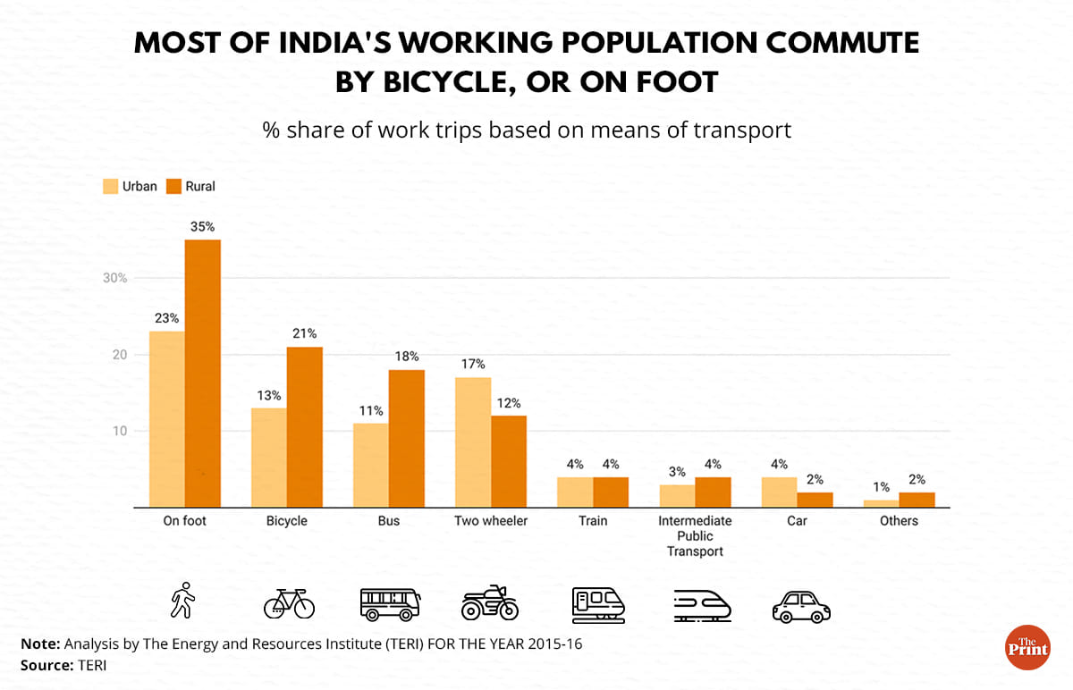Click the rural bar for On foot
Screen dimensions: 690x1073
coord(203,374)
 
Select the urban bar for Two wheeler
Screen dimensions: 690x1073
coord(473,442)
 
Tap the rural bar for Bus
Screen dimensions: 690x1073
coord(407,439)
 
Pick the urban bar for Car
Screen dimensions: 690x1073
coord(779,492)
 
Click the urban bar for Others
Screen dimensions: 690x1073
coord(881,504)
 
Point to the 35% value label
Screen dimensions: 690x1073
coord(202,227)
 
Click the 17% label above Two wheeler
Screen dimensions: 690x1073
coord(474,364)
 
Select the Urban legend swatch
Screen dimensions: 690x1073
coord(110,187)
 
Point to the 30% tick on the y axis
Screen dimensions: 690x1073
coord(114,278)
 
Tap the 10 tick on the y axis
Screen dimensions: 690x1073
coord(120,431)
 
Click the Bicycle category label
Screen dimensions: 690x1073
coord(286,521)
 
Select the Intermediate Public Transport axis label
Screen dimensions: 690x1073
coord(695,535)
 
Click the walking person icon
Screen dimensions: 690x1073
coord(183,601)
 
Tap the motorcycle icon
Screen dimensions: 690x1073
coord(489,602)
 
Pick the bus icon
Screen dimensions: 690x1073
coord(389,603)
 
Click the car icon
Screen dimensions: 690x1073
coord(800,606)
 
